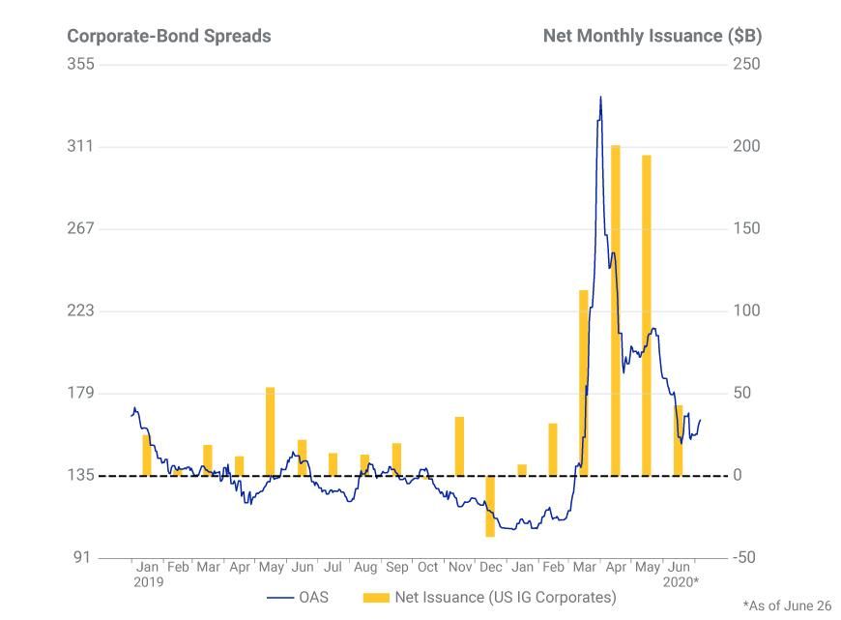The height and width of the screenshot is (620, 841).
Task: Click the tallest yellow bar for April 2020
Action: (x=615, y=310)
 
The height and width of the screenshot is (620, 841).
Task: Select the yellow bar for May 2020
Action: (x=646, y=314)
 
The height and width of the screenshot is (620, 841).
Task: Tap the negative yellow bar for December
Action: (x=490, y=506)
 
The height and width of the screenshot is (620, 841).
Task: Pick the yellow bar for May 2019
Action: (x=271, y=431)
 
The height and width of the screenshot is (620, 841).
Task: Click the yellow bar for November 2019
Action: (x=459, y=446)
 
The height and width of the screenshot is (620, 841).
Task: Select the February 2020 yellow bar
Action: (x=553, y=449)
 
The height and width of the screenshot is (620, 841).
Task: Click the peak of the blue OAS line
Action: (x=600, y=97)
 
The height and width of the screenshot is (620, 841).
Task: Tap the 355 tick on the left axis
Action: (x=80, y=64)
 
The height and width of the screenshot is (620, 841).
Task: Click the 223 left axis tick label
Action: (x=80, y=310)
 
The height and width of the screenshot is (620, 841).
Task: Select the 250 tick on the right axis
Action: (x=746, y=64)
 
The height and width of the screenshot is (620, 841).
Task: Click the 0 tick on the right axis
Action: (x=738, y=476)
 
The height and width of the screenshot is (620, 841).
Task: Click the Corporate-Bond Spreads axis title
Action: (x=168, y=36)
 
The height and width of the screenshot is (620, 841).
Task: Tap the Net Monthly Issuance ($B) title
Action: (x=652, y=36)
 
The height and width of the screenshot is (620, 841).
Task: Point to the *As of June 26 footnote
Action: (x=787, y=605)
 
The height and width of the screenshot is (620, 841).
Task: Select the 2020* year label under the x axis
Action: (x=681, y=582)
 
